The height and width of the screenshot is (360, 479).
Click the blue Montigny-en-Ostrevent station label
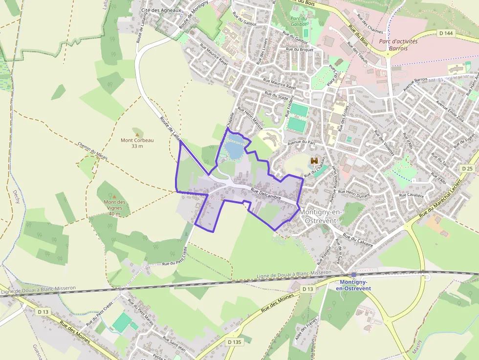(354, 285)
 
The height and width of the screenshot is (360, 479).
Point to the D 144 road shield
(446, 33)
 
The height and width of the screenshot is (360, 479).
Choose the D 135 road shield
(235, 342)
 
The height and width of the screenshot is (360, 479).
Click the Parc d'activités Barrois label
(398, 45)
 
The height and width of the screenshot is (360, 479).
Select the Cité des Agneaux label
(161, 10)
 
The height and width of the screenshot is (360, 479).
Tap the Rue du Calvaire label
(358, 240)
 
